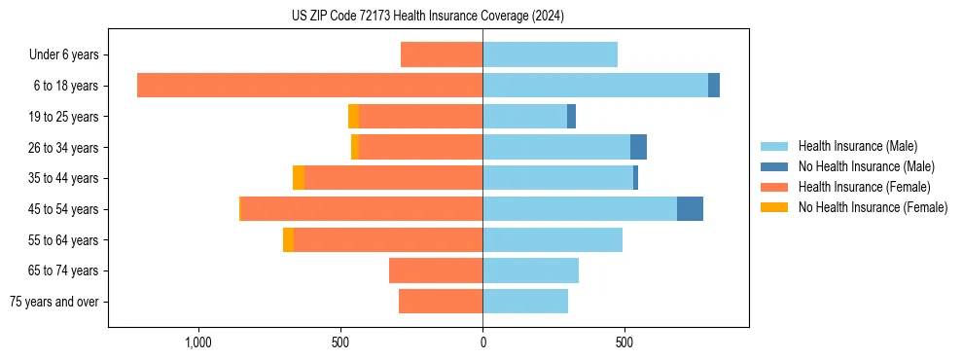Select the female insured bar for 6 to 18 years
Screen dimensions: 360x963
coord(309,86)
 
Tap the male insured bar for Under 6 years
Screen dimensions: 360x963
coord(550,54)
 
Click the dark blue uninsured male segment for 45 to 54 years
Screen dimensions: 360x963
coord(690,209)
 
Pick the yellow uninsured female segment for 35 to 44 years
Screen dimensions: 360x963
coord(299,178)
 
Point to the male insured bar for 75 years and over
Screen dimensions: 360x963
coord(525,302)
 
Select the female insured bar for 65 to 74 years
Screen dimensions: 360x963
coord(436,270)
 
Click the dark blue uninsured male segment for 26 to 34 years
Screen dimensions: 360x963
coord(638,147)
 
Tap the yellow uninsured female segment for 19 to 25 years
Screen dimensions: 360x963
coord(353,117)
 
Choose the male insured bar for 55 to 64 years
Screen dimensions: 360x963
coord(553,239)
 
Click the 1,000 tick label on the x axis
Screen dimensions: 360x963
coord(198,343)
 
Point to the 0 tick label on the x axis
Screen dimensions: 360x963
coord(482,343)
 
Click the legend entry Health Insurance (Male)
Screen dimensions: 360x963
coord(857,146)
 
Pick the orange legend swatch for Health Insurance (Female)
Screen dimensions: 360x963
coord(774,187)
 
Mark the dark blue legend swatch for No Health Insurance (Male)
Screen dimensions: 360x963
coord(774,166)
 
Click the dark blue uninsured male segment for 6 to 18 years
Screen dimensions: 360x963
coord(714,86)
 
